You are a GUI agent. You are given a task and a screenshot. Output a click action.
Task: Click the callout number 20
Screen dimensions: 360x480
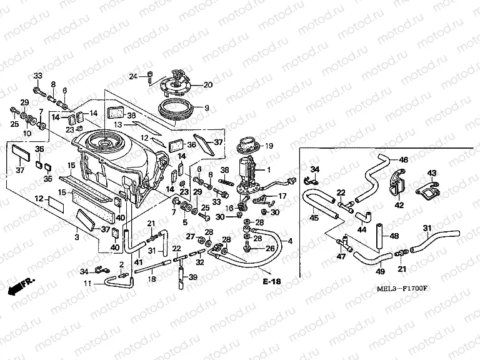click(x=207, y=84)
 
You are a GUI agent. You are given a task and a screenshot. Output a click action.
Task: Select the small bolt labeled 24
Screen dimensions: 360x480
click(x=149, y=76)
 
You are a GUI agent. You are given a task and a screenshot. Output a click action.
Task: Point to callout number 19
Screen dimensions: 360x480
click(x=270, y=146)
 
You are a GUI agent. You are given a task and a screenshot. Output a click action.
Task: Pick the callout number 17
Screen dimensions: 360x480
click(x=282, y=196)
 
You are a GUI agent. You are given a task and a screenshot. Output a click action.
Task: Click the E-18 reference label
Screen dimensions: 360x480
click(x=272, y=282)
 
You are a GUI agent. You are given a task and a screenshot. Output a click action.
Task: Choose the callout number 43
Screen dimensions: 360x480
click(x=431, y=172)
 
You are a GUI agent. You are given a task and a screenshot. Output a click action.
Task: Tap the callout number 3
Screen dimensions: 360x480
click(x=77, y=238)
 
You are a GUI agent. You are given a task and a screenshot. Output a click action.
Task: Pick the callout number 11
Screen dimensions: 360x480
click(x=88, y=284)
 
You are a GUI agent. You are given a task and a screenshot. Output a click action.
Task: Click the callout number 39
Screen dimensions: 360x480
click(x=193, y=277)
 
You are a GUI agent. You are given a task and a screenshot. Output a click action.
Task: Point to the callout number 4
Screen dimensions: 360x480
click(x=289, y=240)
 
